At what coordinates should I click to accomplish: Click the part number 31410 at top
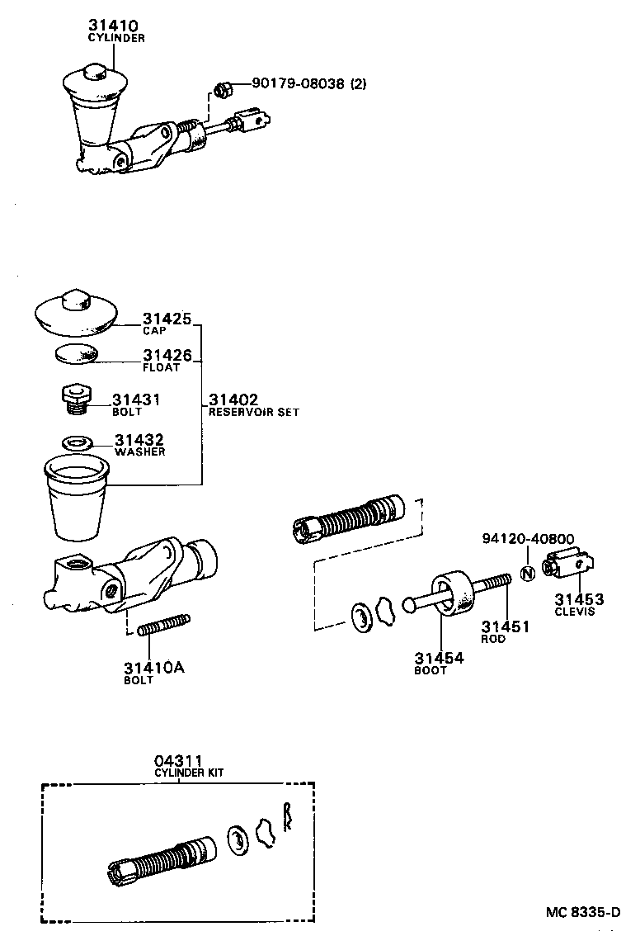[x=113, y=26]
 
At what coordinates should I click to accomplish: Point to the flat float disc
[x=76, y=354]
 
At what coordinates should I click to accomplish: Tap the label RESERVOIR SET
[x=253, y=412]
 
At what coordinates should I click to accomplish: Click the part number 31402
[x=233, y=399]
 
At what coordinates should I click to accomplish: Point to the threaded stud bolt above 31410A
[x=165, y=626]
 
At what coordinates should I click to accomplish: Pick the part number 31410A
[x=153, y=668]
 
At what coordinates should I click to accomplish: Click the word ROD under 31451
[x=493, y=639]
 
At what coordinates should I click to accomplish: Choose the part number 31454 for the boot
[x=439, y=658]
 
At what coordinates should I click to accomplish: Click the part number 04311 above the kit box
[x=177, y=760]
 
